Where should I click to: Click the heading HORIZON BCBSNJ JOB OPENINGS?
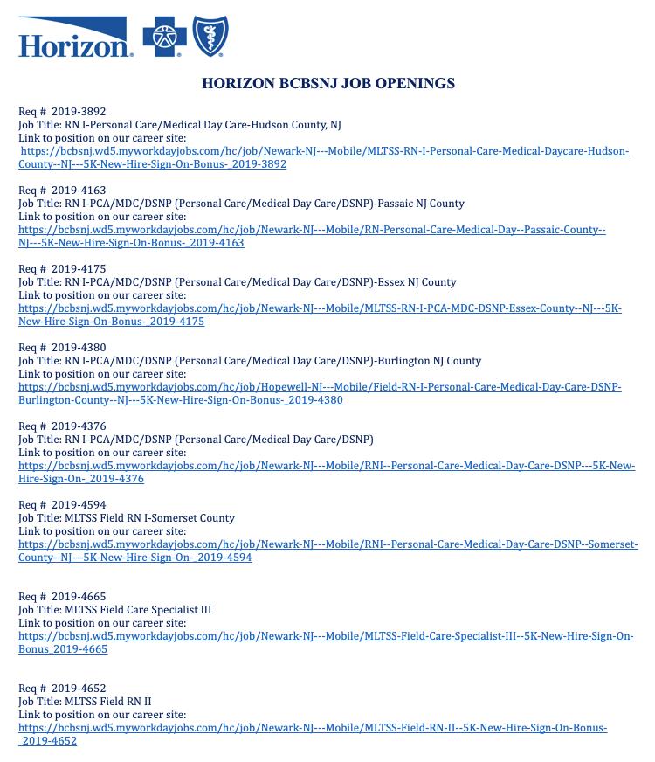(327, 84)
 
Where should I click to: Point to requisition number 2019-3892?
(79, 112)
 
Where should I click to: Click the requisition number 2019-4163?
(79, 190)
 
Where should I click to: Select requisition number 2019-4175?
(79, 269)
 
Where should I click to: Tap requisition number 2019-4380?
(79, 348)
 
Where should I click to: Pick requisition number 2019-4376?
(79, 426)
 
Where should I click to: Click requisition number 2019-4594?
(79, 505)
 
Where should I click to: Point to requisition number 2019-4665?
(79, 597)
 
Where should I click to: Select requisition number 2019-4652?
(79, 689)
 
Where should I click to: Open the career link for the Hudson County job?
(324, 151)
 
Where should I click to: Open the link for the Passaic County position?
(312, 230)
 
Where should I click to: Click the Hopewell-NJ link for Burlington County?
(320, 387)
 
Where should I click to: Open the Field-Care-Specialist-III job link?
(326, 636)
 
